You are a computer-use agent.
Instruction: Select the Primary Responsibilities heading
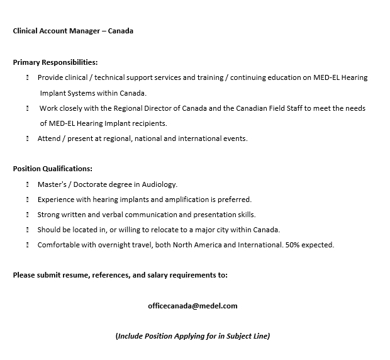(55, 62)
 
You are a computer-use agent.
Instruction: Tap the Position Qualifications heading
(53, 169)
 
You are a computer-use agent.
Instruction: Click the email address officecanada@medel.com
(192, 306)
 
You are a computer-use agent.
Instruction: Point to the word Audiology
(160, 184)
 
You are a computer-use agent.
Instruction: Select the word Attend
(48, 138)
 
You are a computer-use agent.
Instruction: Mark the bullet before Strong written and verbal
(28, 215)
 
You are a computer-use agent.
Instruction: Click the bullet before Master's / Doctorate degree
(28, 184)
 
